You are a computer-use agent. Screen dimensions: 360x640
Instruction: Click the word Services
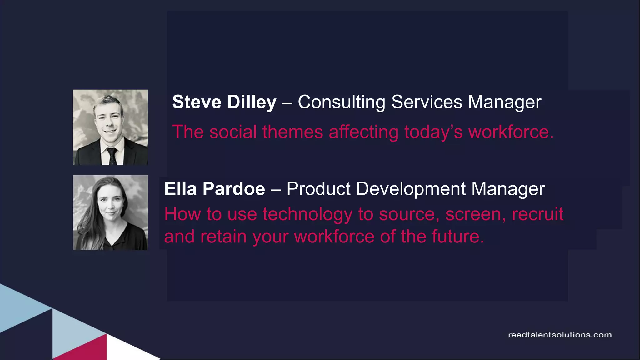click(x=427, y=102)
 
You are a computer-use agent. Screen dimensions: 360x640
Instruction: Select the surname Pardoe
click(x=233, y=189)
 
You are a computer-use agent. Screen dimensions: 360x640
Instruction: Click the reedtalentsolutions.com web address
click(x=560, y=335)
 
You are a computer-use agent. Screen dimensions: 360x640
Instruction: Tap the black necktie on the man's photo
click(x=112, y=156)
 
